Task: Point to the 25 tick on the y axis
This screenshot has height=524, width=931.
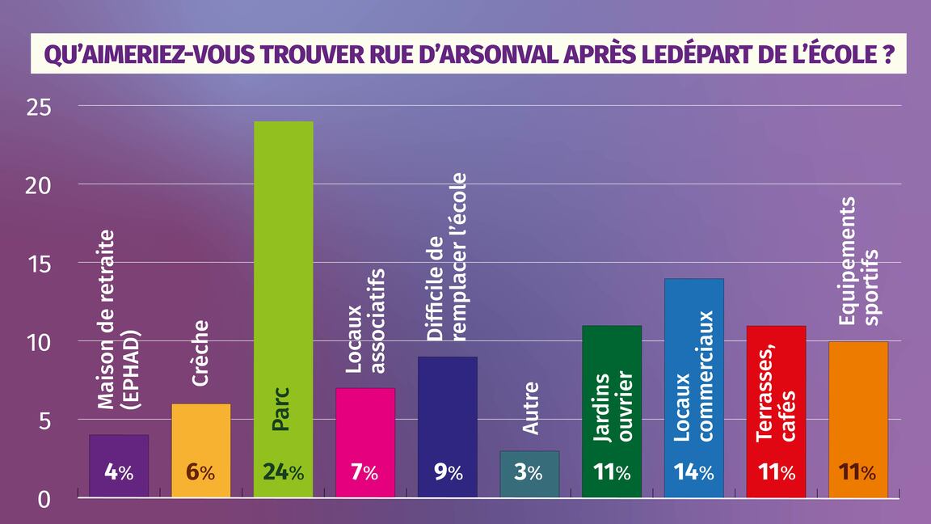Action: pos(38,107)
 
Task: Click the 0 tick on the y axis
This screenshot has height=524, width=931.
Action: pos(45,499)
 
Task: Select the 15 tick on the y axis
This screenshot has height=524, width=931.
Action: pos(38,264)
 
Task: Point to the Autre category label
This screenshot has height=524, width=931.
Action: pos(530,408)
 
